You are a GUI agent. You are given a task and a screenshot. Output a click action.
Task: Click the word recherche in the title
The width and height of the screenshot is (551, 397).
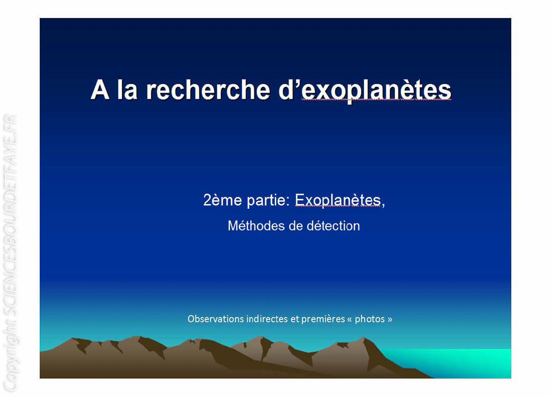[208, 90]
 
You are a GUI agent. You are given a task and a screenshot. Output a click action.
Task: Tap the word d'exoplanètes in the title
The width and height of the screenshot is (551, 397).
[365, 91]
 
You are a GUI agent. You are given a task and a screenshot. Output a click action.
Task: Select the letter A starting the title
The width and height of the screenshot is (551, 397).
[100, 90]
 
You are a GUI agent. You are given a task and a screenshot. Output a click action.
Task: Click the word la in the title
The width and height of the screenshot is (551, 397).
[127, 90]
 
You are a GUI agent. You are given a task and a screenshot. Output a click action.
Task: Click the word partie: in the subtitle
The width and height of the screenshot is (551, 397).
[269, 201]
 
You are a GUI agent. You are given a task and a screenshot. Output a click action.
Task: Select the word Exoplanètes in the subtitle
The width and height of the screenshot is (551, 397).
[338, 201]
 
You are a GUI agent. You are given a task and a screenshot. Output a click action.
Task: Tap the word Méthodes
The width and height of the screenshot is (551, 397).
[256, 226]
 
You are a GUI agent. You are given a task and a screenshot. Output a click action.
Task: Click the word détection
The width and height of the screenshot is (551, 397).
[333, 226]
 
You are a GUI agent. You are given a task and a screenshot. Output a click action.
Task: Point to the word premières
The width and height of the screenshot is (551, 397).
[323, 319]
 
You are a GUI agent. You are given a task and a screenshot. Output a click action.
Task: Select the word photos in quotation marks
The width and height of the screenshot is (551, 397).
[370, 319]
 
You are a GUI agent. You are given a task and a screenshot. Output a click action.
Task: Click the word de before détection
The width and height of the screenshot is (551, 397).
[296, 226]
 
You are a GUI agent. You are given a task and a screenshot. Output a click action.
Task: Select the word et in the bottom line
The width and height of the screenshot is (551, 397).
[294, 319]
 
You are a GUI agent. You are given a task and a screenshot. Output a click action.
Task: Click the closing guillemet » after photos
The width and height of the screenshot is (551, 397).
[390, 319]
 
